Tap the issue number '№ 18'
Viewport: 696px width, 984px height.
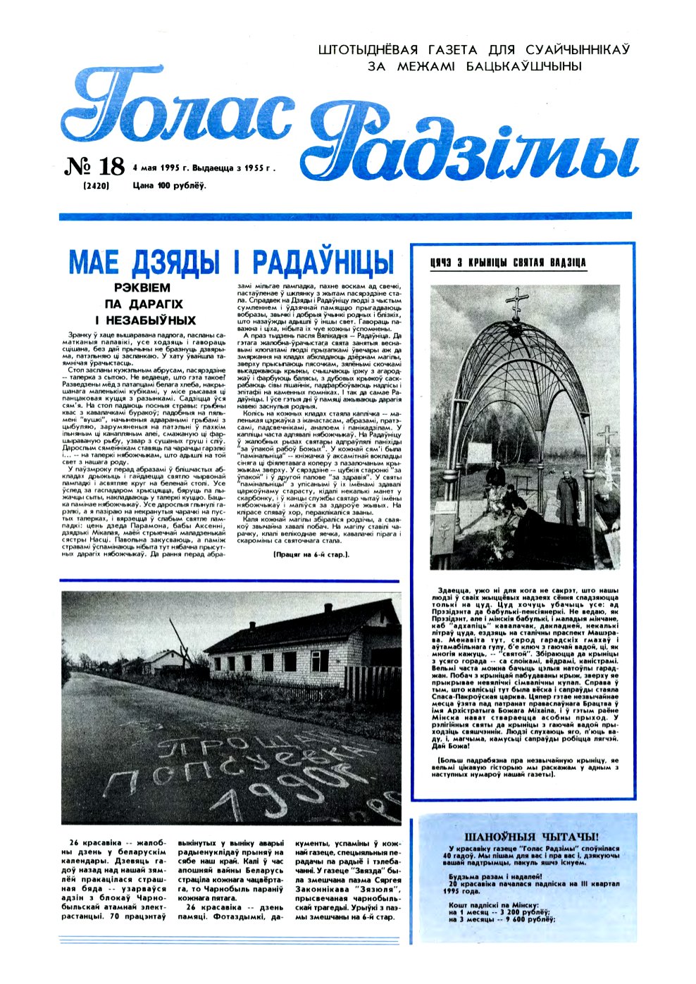click(94, 167)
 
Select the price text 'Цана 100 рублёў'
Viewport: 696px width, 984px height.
click(169, 186)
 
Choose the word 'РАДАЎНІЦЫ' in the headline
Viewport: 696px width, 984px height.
click(321, 262)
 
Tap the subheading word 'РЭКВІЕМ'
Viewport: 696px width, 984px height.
click(142, 288)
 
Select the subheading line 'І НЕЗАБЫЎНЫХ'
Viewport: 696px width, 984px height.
click(146, 320)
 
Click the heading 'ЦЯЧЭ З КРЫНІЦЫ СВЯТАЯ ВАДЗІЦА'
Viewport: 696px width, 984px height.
click(507, 263)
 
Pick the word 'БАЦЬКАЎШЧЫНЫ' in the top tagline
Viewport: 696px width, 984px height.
click(524, 66)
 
